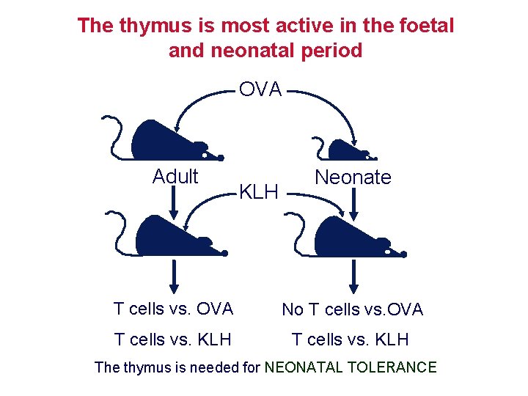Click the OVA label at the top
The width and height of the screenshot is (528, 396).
261,89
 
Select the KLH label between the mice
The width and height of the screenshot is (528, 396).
259,192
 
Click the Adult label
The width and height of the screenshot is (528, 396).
175,177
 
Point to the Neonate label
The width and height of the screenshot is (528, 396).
353,177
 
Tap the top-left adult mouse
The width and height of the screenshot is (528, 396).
165,140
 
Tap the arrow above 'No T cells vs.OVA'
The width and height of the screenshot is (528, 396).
354,277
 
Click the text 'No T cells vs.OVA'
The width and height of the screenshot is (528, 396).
353,309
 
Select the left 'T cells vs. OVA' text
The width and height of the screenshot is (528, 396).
174,309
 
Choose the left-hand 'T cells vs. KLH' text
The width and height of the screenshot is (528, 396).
173,339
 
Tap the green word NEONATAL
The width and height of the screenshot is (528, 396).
297,367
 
